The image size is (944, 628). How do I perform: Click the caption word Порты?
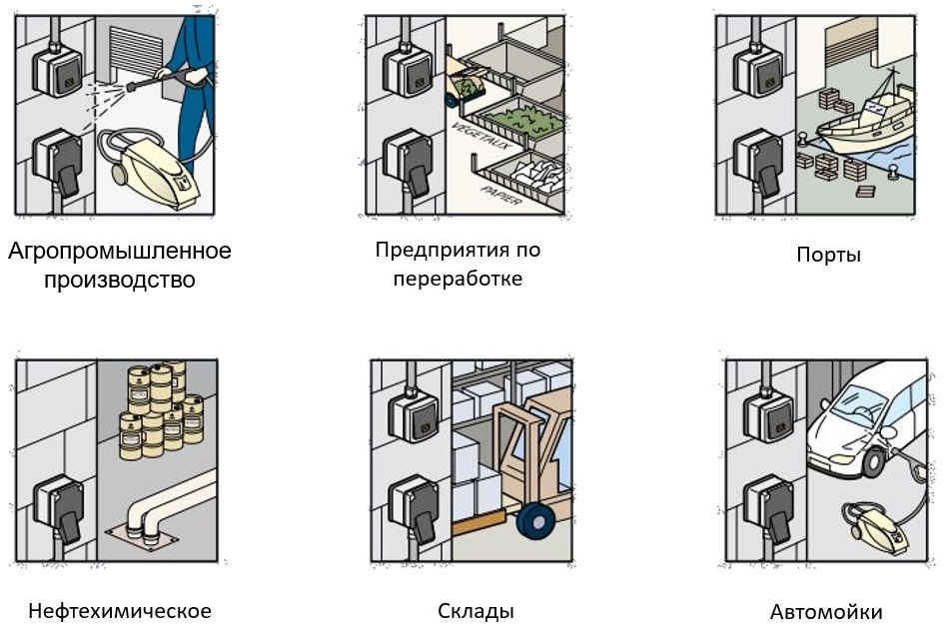pos(828,255)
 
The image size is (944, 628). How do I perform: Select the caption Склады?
pos(475,611)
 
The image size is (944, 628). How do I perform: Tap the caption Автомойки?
pos(826,612)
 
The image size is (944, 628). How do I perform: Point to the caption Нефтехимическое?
pos(120,611)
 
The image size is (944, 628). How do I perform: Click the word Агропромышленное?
pos(120,251)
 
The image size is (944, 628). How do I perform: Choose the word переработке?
pos(458,278)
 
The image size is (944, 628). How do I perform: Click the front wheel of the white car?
pos(875,461)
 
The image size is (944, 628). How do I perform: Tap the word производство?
pos(120,280)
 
